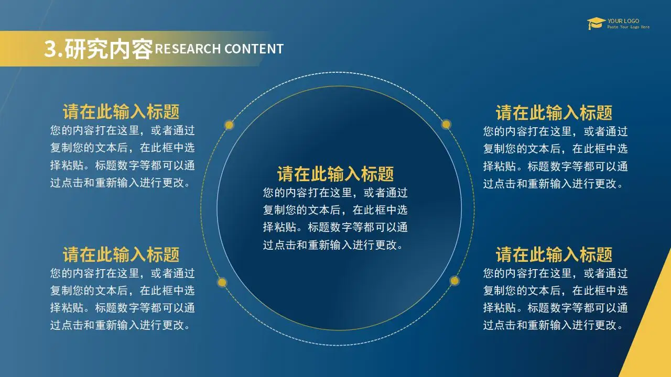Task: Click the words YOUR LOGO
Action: [x=623, y=21]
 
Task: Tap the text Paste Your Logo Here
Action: [x=628, y=27]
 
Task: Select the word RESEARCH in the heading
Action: [x=188, y=49]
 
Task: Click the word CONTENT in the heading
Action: [x=254, y=49]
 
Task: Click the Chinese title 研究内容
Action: [x=109, y=49]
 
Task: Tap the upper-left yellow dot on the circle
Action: [x=229, y=125]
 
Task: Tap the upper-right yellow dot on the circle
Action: [x=446, y=124]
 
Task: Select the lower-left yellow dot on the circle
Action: [x=222, y=282]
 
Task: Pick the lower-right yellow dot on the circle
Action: [x=454, y=281]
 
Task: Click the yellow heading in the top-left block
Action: [x=121, y=112]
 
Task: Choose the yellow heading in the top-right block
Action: [x=554, y=113]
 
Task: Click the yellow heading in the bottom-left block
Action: [x=121, y=254]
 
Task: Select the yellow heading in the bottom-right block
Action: [x=554, y=254]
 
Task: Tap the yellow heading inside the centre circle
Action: [x=335, y=174]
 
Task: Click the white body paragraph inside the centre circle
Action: [x=335, y=219]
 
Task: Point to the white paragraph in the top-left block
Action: [x=123, y=157]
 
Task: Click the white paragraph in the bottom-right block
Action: [x=555, y=299]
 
